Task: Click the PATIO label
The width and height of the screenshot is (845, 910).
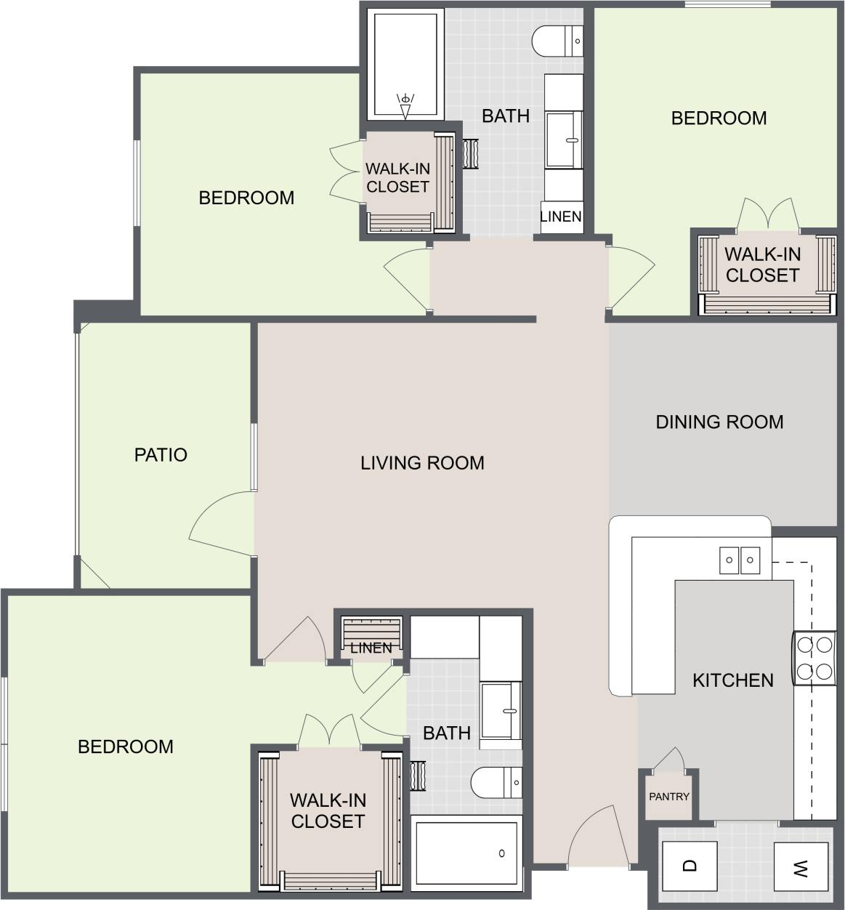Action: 161,455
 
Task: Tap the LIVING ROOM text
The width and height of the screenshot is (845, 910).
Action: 422,463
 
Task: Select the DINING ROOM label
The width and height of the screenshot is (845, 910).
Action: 719,422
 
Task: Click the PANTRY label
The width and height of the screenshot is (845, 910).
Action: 668,797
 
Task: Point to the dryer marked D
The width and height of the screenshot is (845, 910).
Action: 690,866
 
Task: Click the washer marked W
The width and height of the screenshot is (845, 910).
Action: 801,866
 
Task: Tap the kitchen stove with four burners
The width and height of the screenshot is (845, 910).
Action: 814,659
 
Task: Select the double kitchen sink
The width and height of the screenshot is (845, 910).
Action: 740,560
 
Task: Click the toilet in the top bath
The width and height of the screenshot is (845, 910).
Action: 557,41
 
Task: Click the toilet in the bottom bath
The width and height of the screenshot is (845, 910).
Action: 496,783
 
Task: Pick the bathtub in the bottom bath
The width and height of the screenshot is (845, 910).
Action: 467,853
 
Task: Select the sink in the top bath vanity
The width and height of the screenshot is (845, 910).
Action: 564,139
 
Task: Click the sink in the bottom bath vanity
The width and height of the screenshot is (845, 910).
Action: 501,710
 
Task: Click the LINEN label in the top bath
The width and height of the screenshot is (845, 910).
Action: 561,217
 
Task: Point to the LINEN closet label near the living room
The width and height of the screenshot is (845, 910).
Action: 371,648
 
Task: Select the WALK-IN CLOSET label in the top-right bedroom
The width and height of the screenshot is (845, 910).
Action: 762,265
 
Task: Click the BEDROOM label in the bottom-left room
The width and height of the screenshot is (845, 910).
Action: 126,746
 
